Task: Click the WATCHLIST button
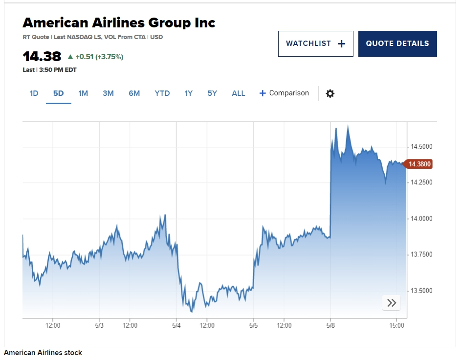click(x=315, y=44)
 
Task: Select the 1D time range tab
click(x=34, y=93)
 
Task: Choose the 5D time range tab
click(x=59, y=93)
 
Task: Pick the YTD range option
click(x=162, y=93)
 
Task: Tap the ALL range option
click(x=239, y=93)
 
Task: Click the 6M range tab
click(x=134, y=93)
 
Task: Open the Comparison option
click(x=284, y=93)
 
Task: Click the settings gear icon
click(x=330, y=93)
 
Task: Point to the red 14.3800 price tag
click(x=419, y=164)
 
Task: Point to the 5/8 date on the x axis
click(x=330, y=325)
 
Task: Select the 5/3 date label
click(x=99, y=325)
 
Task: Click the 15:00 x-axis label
click(x=397, y=325)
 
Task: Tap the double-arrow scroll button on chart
click(x=391, y=303)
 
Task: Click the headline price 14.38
click(x=42, y=56)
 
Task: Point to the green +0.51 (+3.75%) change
click(x=95, y=57)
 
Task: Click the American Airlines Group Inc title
click(x=119, y=22)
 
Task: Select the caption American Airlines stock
click(x=43, y=353)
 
